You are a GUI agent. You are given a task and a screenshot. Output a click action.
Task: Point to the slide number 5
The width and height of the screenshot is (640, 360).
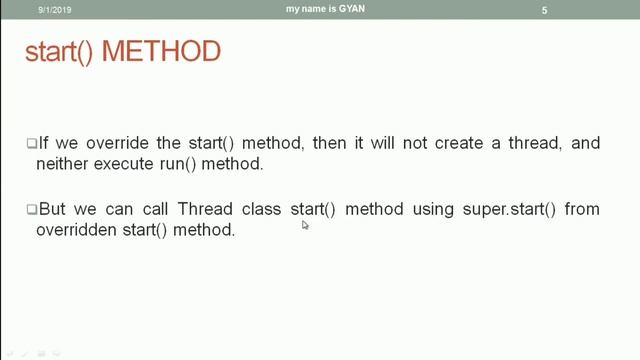(x=544, y=10)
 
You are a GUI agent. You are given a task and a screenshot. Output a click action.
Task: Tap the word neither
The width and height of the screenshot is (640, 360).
(x=65, y=162)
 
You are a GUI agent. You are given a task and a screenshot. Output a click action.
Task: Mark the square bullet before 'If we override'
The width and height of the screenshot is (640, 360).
(x=31, y=144)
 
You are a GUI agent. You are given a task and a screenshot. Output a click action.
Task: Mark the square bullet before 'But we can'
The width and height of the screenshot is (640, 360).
(x=31, y=210)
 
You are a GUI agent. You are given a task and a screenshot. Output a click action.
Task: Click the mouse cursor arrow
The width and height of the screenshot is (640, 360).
(x=305, y=226)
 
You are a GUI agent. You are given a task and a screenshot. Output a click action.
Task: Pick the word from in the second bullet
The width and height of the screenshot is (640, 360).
(x=582, y=209)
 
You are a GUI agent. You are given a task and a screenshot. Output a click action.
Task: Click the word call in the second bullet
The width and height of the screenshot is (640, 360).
(x=149, y=209)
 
